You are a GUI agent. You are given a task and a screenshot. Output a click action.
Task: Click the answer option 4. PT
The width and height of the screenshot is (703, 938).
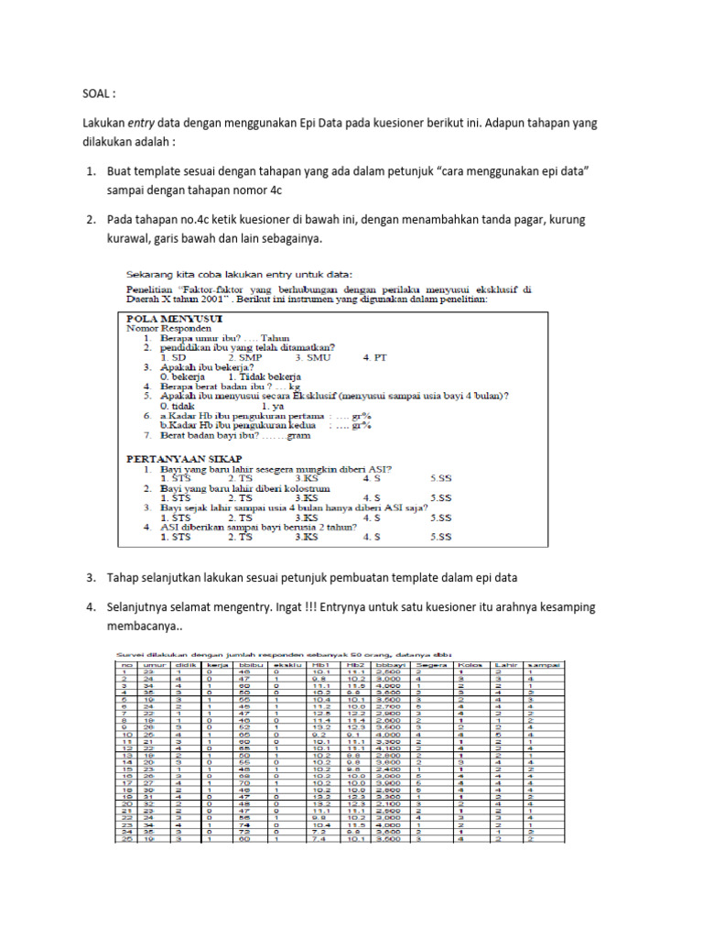click(x=375, y=357)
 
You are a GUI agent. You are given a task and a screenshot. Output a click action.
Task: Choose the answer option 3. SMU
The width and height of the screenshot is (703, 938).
click(x=312, y=357)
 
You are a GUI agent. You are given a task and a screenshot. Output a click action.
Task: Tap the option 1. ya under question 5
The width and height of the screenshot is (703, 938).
click(x=271, y=405)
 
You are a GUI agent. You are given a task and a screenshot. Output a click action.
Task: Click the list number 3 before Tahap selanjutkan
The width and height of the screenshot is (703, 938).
click(x=91, y=578)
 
